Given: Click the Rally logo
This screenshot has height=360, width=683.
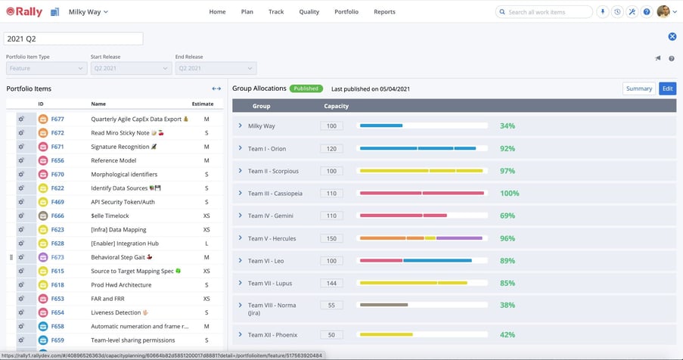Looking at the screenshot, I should [x=24, y=12].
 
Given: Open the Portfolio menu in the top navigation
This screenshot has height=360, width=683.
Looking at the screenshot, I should [x=346, y=12].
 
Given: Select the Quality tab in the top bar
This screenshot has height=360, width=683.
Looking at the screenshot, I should [x=309, y=12].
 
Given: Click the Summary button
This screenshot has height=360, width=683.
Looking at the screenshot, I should [x=638, y=88].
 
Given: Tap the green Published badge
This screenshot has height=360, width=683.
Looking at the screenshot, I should [x=306, y=88].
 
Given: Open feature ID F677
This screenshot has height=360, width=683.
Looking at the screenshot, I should [x=57, y=119].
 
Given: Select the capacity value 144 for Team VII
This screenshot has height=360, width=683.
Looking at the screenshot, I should [x=331, y=284].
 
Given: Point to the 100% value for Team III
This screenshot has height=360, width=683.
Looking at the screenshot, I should [x=509, y=194].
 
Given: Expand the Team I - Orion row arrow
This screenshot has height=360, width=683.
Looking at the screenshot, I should [x=240, y=149].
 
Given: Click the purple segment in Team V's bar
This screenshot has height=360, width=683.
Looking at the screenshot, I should [x=459, y=238].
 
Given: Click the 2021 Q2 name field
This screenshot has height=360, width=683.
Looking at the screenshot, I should [x=73, y=39].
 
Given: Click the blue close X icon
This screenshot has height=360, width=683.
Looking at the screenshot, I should [x=672, y=37].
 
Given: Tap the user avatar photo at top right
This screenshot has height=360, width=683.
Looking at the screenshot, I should [x=663, y=12].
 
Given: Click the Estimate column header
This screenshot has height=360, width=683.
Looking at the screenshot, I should [x=202, y=104].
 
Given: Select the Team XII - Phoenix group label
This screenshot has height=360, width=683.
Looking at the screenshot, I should [x=269, y=334].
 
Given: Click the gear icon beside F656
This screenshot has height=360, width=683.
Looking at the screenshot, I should [x=21, y=160].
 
